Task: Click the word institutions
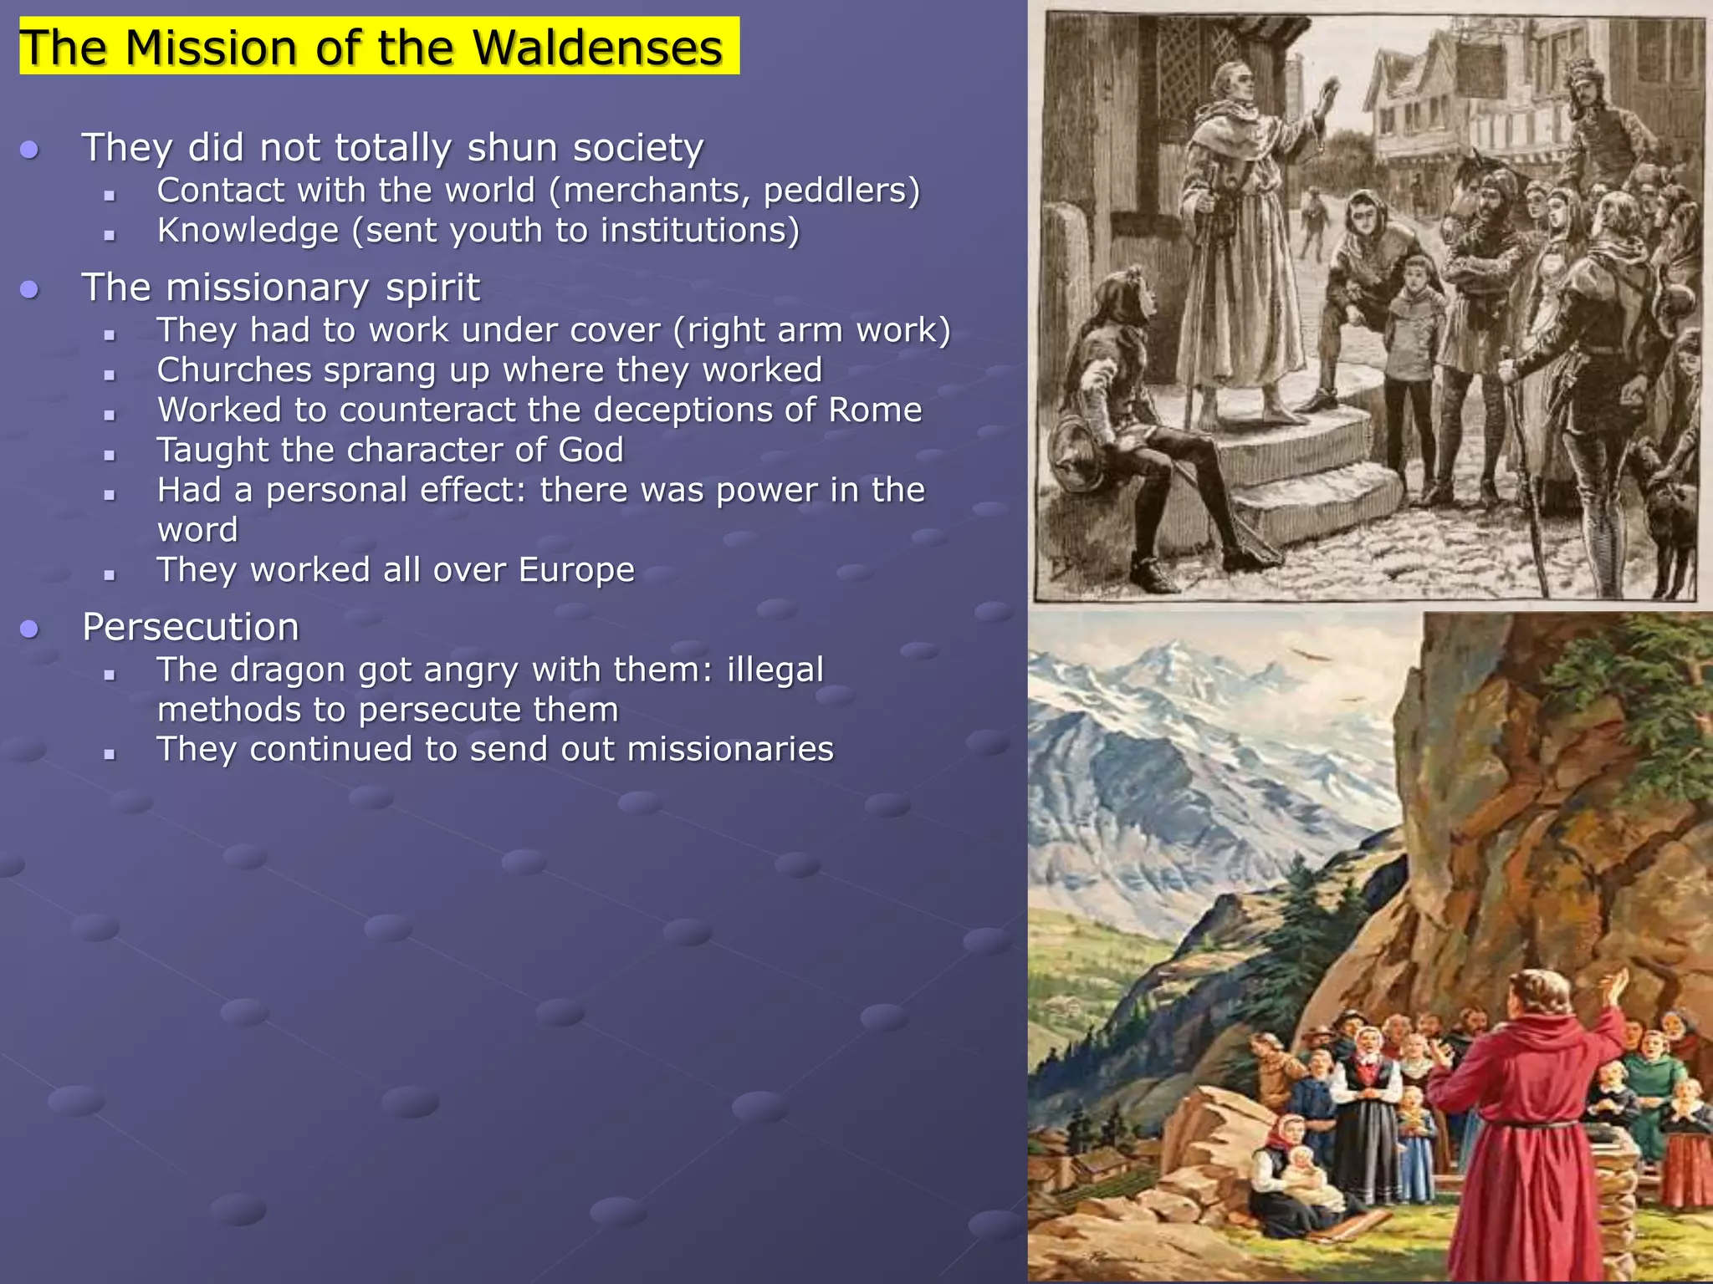pos(699,231)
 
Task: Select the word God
pos(591,451)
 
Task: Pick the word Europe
pos(576,570)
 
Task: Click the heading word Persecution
pos(191,627)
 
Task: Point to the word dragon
pos(292,670)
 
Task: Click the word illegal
pos(775,670)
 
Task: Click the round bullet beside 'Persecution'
pos(30,629)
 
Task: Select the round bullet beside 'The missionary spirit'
pos(30,289)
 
